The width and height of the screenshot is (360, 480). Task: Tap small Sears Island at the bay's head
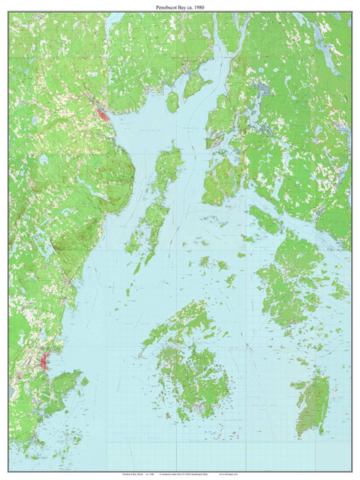[172, 102]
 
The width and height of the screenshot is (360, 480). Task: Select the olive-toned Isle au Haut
[313, 405]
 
